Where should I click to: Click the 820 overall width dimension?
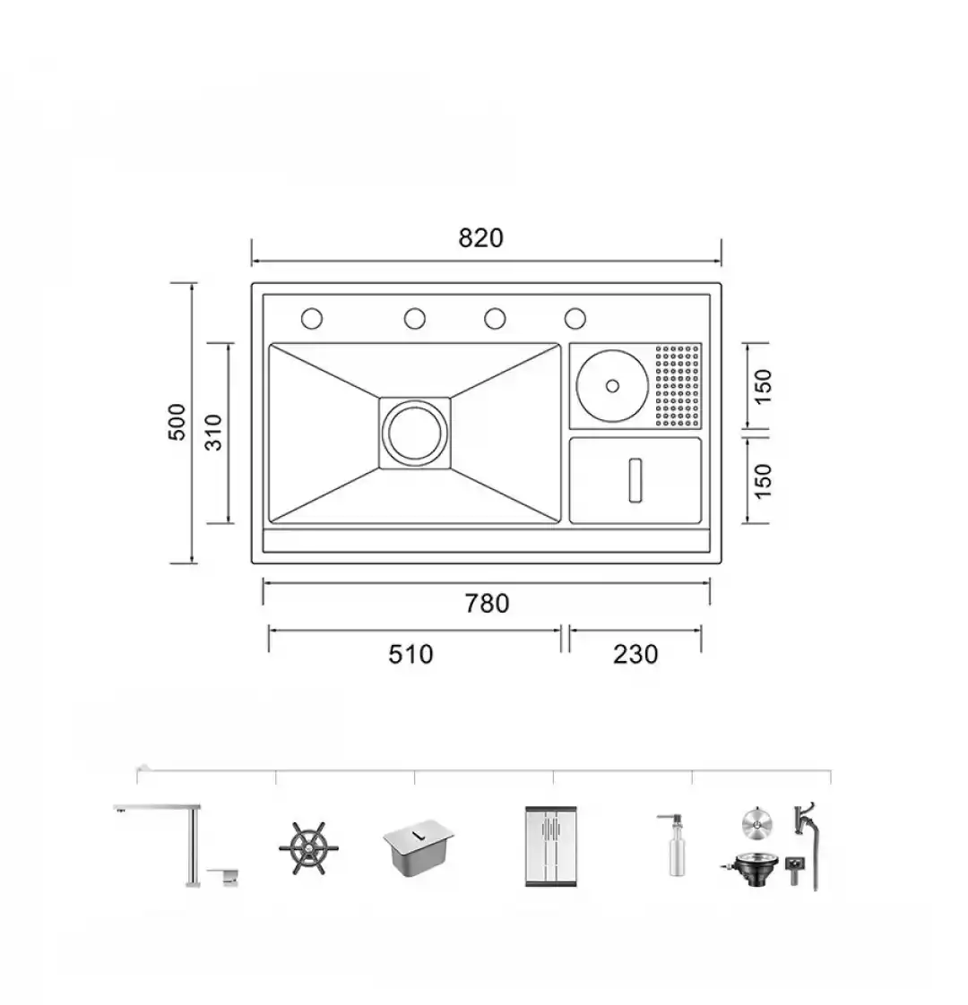481,237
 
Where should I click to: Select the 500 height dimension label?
177,422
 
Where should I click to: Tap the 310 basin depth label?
213,433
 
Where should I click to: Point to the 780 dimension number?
487,603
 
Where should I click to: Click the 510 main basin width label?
411,655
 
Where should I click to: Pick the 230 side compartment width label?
635,655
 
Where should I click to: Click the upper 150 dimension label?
763,386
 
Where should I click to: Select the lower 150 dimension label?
763,481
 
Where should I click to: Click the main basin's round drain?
414,432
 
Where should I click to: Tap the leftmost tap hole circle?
312,319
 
